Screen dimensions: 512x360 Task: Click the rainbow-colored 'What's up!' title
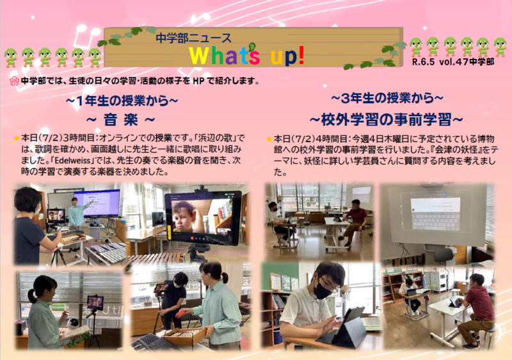(x=247, y=55)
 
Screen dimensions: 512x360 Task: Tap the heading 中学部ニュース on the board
(x=193, y=38)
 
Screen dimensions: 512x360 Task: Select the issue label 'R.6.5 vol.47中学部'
(x=453, y=61)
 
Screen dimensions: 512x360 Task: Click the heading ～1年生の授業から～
(x=122, y=101)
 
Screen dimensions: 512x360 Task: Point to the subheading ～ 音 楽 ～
(x=120, y=120)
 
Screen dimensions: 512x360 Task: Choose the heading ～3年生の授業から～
(x=387, y=98)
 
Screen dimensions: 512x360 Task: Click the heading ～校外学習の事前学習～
(x=387, y=120)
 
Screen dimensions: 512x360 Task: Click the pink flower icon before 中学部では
(x=14, y=81)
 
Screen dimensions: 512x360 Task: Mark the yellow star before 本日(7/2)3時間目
(x=17, y=138)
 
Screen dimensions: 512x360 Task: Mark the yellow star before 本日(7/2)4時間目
(x=269, y=139)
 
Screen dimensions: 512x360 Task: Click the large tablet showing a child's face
(x=203, y=218)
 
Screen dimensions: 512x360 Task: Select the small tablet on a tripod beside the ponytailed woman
(x=95, y=302)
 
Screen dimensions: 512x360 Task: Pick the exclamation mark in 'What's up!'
(x=301, y=54)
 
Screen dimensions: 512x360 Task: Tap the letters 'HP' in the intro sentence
(x=198, y=81)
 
